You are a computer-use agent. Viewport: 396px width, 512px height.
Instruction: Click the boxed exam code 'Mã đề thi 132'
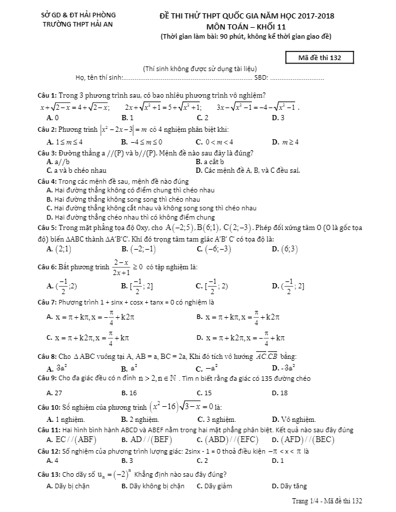click(x=320, y=57)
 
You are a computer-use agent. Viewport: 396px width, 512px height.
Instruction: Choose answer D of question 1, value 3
click(x=278, y=118)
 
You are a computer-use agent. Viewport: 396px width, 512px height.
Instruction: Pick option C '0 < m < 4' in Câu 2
click(x=215, y=142)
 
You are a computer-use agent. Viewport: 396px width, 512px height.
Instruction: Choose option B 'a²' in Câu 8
click(x=129, y=368)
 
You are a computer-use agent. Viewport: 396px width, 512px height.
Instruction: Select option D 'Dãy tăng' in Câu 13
click(x=289, y=486)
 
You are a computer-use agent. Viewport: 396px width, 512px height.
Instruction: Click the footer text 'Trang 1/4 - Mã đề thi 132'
click(x=328, y=500)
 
